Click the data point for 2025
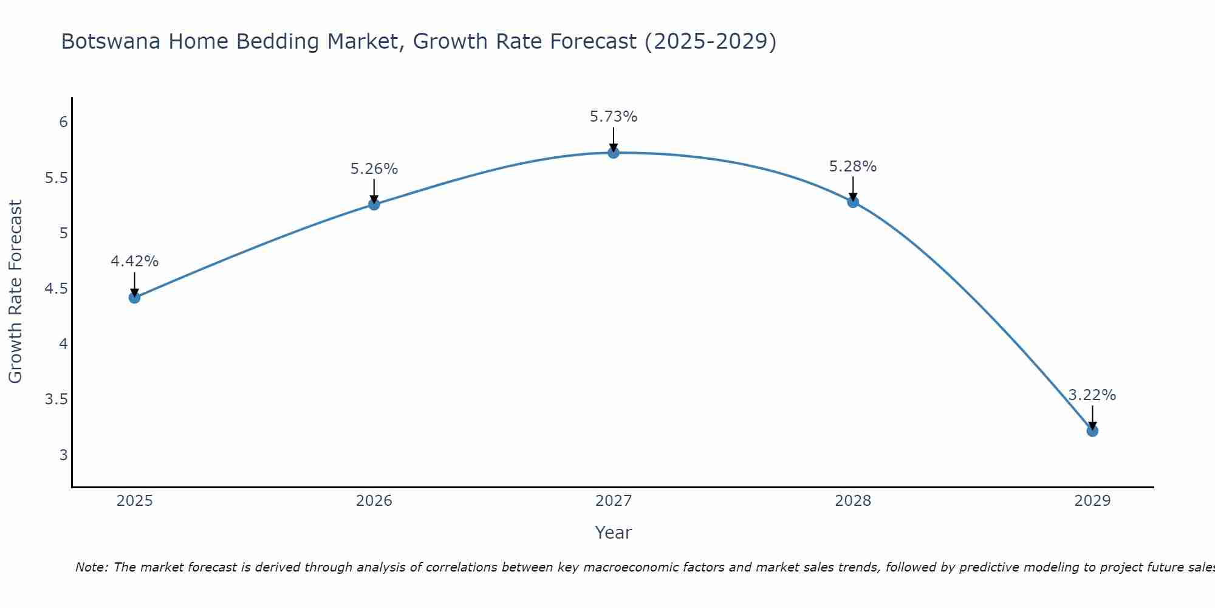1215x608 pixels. [x=134, y=297]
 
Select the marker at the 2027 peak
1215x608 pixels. [x=614, y=153]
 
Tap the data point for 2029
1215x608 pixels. [x=1092, y=431]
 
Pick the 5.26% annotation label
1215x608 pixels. [x=374, y=169]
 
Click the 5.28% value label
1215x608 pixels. [x=852, y=167]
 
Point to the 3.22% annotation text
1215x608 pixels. [x=1092, y=395]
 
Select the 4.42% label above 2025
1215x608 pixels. [x=134, y=261]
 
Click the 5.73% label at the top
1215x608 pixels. [x=614, y=117]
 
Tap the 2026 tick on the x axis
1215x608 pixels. [x=374, y=501]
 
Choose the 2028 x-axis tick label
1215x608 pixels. [x=852, y=501]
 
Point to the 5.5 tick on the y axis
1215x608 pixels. [x=56, y=178]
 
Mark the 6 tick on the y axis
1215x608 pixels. [x=63, y=122]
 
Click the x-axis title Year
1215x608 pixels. [x=613, y=533]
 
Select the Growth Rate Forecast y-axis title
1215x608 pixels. [x=15, y=291]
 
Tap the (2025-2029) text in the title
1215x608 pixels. [x=710, y=42]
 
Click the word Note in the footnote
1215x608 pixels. [x=91, y=567]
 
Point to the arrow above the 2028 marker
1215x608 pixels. [x=853, y=188]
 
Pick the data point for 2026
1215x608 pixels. [x=374, y=204]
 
